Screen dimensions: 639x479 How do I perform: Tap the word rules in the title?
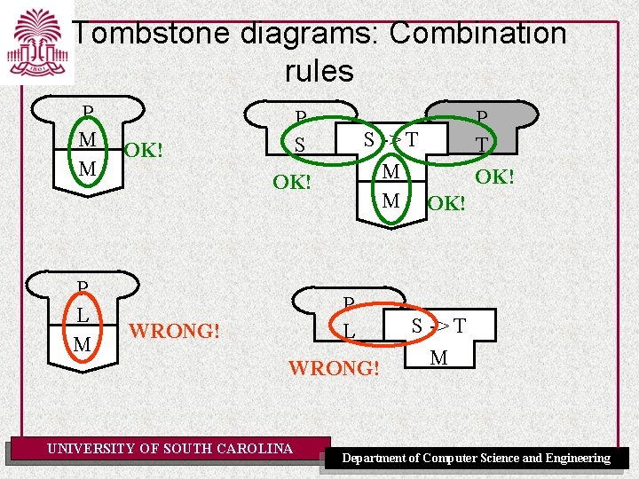click(x=319, y=71)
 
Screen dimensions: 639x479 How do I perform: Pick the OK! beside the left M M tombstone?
click(x=143, y=150)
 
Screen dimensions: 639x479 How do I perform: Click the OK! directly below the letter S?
click(x=291, y=183)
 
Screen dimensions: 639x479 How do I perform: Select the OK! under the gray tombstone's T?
click(x=494, y=177)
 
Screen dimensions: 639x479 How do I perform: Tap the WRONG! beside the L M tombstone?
click(x=174, y=332)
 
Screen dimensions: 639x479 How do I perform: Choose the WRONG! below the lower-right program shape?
click(x=335, y=366)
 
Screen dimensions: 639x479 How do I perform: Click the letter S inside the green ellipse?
click(x=300, y=145)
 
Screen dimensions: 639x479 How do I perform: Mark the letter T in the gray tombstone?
click(x=481, y=143)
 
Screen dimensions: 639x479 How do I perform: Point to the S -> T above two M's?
click(x=391, y=139)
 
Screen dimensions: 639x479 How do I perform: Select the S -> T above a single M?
click(x=438, y=326)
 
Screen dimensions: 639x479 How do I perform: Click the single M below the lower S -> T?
click(x=438, y=358)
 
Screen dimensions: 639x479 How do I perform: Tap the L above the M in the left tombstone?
click(x=83, y=315)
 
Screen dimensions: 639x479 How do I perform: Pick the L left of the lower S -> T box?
click(x=349, y=332)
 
